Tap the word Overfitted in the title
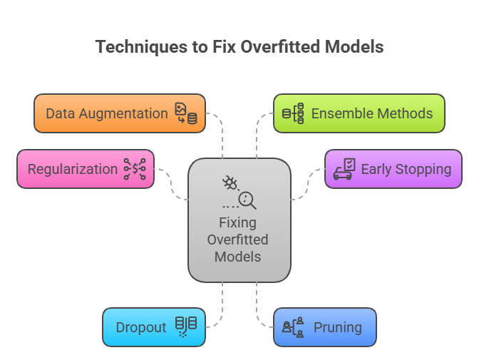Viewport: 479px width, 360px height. pyautogui.click(x=280, y=47)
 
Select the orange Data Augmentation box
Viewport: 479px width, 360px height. pyautogui.click(x=119, y=113)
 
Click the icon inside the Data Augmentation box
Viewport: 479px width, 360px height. pyautogui.click(x=186, y=113)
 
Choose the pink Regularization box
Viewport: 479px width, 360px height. pyautogui.click(x=85, y=169)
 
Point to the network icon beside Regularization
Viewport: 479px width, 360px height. pyautogui.click(x=135, y=169)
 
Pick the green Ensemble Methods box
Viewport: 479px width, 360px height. pyautogui.click(x=359, y=113)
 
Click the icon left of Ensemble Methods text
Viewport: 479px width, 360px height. pyautogui.click(x=293, y=113)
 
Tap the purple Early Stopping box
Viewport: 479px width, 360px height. pyautogui.click(x=393, y=169)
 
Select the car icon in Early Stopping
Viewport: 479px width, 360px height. pyautogui.click(x=344, y=170)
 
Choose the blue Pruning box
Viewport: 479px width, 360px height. pyautogui.click(x=324, y=327)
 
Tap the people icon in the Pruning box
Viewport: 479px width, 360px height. pyautogui.click(x=293, y=327)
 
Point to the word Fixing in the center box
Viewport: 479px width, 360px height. pyautogui.click(x=239, y=223)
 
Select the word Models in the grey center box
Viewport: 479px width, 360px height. pyautogui.click(x=239, y=256)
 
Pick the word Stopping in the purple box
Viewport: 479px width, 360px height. pyautogui.click(x=421, y=169)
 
